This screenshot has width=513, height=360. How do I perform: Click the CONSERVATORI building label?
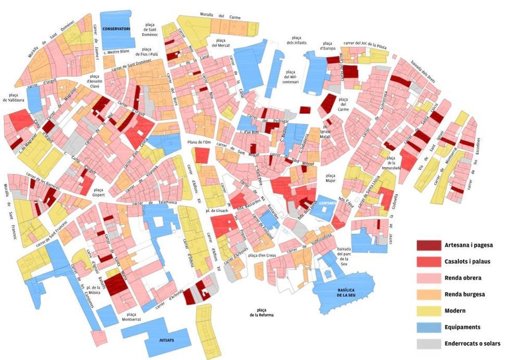tap(116, 29)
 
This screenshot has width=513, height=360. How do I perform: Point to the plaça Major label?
tap(330, 178)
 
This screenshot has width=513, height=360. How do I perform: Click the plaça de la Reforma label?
tap(262, 313)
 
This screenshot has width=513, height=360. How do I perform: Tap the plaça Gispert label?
tap(98, 193)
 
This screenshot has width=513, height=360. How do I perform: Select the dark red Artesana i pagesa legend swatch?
tap(428, 245)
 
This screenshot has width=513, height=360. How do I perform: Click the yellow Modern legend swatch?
tap(428, 311)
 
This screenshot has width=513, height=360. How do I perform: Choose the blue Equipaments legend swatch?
tap(428, 327)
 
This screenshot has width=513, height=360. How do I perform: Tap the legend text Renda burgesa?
tap(465, 294)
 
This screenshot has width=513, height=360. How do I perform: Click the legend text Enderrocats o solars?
tap(472, 343)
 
